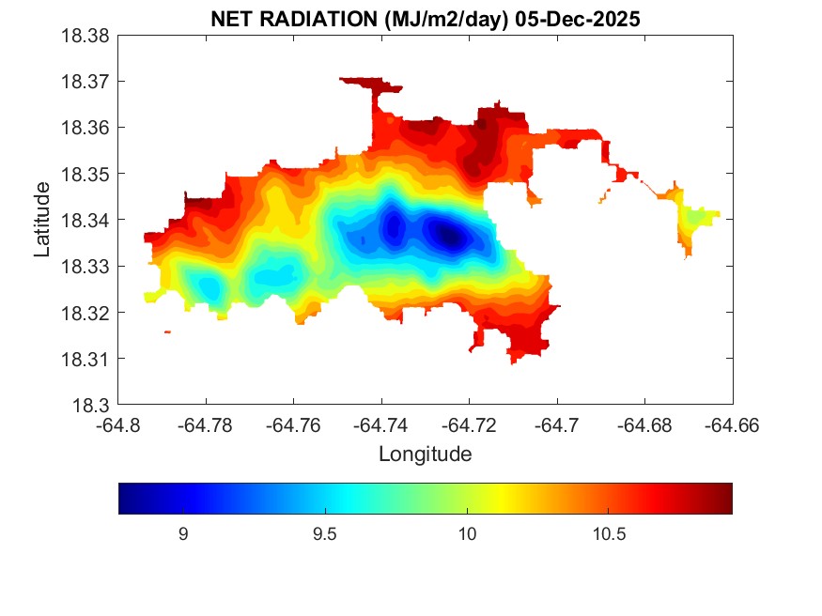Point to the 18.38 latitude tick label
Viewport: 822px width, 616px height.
pos(85,36)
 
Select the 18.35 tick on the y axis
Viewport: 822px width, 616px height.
pos(85,174)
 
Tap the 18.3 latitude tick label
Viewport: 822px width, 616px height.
pos(91,406)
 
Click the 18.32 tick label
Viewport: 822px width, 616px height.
pos(85,313)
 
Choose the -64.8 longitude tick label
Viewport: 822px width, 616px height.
pos(118,425)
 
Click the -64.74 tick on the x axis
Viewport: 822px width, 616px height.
pos(381,425)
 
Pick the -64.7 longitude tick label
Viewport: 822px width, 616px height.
pos(557,425)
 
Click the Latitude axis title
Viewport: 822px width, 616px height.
pos(42,221)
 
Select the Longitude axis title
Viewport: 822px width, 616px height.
pos(425,454)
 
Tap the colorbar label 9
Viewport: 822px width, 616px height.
pos(183,534)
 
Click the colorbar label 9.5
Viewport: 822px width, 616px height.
pos(324,534)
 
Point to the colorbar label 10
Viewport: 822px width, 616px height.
pos(467,534)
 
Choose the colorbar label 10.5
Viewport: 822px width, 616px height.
pos(609,534)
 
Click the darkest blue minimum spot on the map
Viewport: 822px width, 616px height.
pos(450,235)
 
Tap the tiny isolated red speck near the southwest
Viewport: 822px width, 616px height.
pos(167,331)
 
